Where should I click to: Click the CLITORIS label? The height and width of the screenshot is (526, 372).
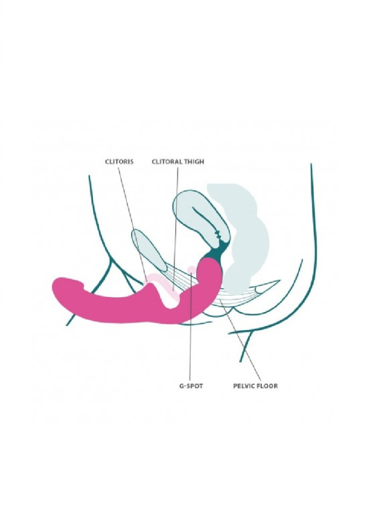pos(119,162)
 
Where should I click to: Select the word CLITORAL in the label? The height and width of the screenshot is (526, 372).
pos(166,162)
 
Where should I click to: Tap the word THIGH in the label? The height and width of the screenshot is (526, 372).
pos(193,162)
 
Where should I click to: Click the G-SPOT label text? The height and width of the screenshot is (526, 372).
pos(191,386)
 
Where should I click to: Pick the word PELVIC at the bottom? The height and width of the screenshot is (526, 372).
pos(243,386)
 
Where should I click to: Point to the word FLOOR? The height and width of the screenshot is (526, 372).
pos(267,386)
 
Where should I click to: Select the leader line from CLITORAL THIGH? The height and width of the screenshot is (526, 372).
pos(175,228)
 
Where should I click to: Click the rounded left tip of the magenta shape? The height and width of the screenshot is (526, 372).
pos(56,289)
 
